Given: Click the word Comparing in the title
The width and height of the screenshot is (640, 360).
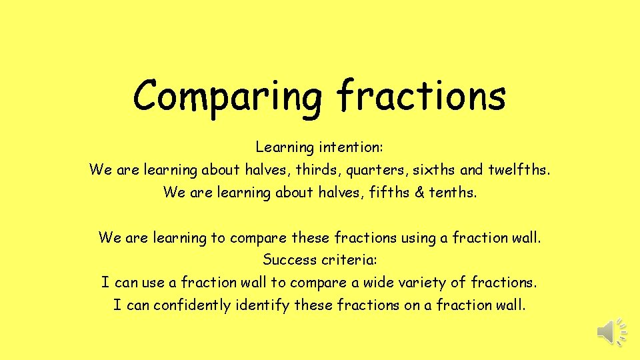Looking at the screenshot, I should (x=227, y=97).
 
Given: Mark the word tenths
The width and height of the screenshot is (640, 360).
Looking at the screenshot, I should (x=453, y=192).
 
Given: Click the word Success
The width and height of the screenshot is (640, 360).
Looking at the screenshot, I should (x=289, y=259).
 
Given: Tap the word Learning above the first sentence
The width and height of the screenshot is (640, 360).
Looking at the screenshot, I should (x=283, y=147).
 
